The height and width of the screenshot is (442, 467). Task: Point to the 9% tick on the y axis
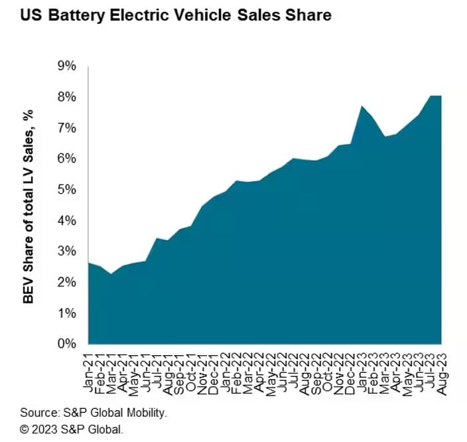pyautogui.click(x=67, y=66)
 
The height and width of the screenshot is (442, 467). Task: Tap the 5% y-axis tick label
pyautogui.click(x=67, y=190)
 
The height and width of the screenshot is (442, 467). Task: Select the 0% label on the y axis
pyautogui.click(x=67, y=344)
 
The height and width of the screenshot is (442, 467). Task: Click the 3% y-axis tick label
pyautogui.click(x=67, y=252)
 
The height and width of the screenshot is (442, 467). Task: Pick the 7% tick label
pyautogui.click(x=67, y=128)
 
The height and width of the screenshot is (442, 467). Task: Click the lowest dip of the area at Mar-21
pyautogui.click(x=111, y=274)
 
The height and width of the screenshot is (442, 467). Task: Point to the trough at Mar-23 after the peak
pyautogui.click(x=385, y=137)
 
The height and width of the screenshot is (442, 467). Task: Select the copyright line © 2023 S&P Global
pyautogui.click(x=72, y=429)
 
